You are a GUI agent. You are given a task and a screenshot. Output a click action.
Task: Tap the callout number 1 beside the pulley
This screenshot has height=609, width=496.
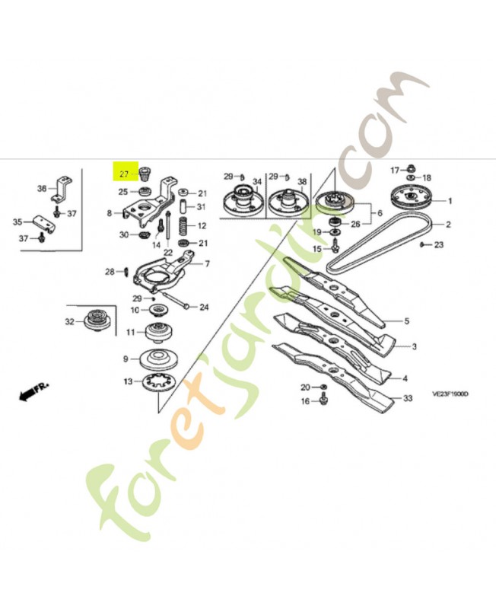coord(450,201)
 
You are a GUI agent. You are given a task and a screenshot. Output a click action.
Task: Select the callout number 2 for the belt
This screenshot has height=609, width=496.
coord(448,225)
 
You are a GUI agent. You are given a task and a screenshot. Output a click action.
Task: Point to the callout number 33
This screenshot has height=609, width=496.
coord(408,398)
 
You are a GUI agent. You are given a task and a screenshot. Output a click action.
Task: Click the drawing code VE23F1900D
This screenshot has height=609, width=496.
coord(450,395)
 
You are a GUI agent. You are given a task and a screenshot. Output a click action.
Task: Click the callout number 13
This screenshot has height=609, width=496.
coord(128,381)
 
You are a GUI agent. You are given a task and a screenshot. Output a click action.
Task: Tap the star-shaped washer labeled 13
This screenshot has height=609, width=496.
coord(159,381)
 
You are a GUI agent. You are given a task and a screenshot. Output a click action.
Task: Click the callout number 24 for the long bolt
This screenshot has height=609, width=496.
coord(204,308)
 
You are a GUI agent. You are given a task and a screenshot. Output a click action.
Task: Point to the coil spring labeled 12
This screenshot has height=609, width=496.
coord(183,226)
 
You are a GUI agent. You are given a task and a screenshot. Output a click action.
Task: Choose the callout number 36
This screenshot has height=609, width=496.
coord(42,188)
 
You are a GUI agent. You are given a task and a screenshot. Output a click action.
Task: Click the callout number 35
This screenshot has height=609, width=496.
coord(17,222)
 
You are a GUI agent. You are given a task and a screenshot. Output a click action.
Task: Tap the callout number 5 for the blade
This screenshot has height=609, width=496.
coord(406,321)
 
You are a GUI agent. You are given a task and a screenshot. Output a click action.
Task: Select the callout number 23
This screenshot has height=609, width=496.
coord(438,245)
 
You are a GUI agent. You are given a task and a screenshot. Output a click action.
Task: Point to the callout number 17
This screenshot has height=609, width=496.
coord(394,169)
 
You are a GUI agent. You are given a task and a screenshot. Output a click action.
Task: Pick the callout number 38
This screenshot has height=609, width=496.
coord(302,182)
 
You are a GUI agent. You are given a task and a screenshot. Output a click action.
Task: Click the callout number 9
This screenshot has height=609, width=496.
coord(126,359)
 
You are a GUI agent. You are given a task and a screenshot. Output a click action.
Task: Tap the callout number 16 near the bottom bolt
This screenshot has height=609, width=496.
coord(304,401)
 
